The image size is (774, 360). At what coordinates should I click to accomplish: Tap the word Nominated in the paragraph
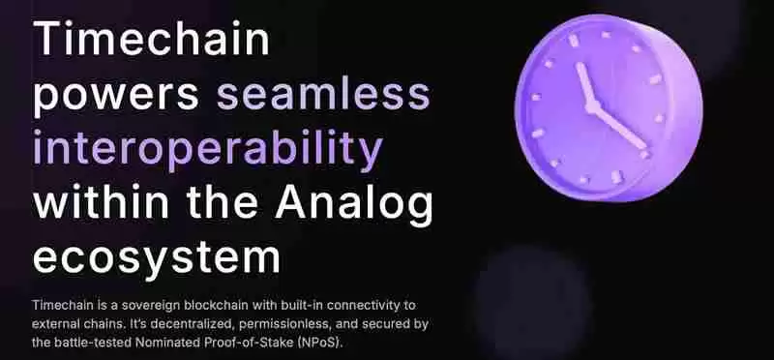[184, 344]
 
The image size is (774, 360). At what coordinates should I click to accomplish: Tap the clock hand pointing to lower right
[619, 127]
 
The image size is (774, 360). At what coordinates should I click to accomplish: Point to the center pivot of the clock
[592, 105]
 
